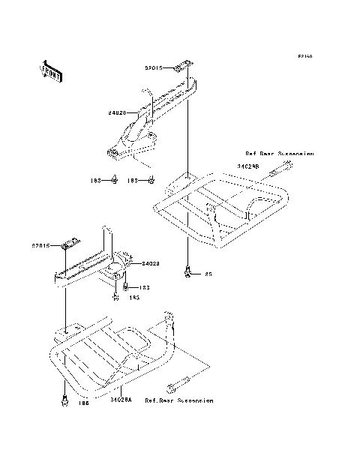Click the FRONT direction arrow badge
[51, 70]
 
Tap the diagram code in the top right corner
[304, 56]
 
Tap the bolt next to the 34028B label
[286, 163]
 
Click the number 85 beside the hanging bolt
[208, 274]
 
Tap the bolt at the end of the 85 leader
[187, 273]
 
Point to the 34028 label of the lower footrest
[150, 264]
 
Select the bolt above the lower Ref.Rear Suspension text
[172, 387]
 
